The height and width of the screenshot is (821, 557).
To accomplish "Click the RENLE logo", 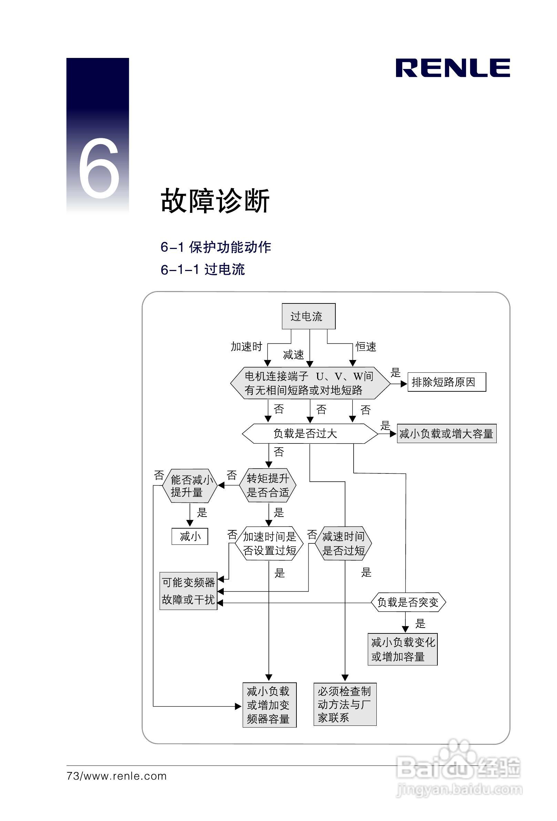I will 453,68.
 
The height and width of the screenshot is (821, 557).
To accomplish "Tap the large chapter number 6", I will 99,168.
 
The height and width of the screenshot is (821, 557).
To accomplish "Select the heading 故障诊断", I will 215,201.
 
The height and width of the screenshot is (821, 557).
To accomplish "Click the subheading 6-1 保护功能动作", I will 215,247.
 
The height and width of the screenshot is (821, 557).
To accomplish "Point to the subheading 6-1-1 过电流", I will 202,270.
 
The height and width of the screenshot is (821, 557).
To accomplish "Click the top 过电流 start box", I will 308,316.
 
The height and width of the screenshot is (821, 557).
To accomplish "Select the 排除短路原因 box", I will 446,382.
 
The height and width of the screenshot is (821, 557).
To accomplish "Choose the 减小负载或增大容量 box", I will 446,433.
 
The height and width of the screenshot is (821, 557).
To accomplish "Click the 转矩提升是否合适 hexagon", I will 268,485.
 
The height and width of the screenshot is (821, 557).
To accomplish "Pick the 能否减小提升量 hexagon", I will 190,486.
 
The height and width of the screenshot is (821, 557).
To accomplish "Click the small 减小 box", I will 190,536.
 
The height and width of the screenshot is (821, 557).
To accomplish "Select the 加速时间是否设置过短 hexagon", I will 269,543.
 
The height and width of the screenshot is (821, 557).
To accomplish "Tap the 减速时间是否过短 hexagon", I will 344,543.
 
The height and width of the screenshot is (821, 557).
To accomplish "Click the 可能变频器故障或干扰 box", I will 188,591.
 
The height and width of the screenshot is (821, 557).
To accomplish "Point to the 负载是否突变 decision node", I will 408,602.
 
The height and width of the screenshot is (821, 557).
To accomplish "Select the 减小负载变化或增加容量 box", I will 402,649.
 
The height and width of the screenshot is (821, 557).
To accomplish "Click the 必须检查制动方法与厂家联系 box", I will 345,704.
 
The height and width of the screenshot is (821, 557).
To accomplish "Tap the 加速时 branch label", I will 246,347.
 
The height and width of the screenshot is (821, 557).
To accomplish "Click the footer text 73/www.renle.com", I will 117,776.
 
